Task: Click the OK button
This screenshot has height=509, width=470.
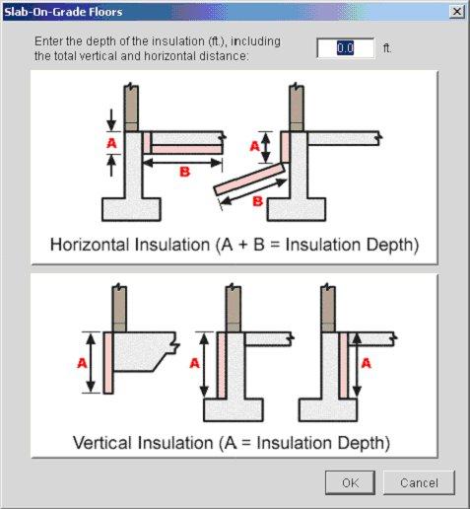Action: click(x=351, y=483)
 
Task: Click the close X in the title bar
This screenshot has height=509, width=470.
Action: click(x=456, y=11)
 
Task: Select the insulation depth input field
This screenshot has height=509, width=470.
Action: click(x=345, y=48)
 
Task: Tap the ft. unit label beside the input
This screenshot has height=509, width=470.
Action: click(x=387, y=48)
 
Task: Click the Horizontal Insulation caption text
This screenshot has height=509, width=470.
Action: click(x=235, y=245)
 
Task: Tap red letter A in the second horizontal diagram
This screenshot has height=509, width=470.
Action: click(x=254, y=145)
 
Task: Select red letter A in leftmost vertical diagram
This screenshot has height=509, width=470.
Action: click(x=83, y=362)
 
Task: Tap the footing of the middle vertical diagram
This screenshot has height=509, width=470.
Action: click(x=233, y=406)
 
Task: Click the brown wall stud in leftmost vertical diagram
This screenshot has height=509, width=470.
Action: click(x=119, y=307)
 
